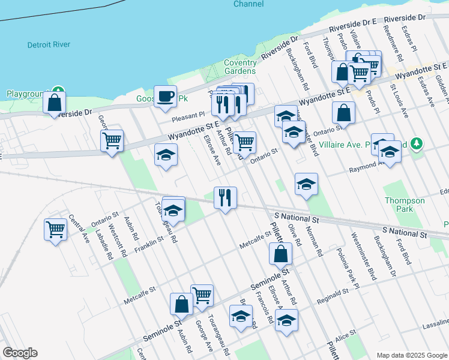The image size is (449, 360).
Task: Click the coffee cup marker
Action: [165, 96]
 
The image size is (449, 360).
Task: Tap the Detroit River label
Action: [49, 44]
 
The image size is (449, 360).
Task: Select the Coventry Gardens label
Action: [240, 67]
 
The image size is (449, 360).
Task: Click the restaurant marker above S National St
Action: [225, 197]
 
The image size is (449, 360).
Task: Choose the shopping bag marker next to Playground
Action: [55, 102]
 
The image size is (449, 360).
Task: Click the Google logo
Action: [20, 353]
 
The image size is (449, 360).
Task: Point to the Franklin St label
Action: [149, 241]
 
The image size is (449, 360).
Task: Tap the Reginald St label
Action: [333, 294]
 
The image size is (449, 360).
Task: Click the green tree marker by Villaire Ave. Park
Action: [415, 144]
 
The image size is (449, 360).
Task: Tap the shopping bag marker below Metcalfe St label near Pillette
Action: [281, 254]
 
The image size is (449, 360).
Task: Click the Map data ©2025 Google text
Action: [411, 355]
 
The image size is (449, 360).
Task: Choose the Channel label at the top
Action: [249, 4]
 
